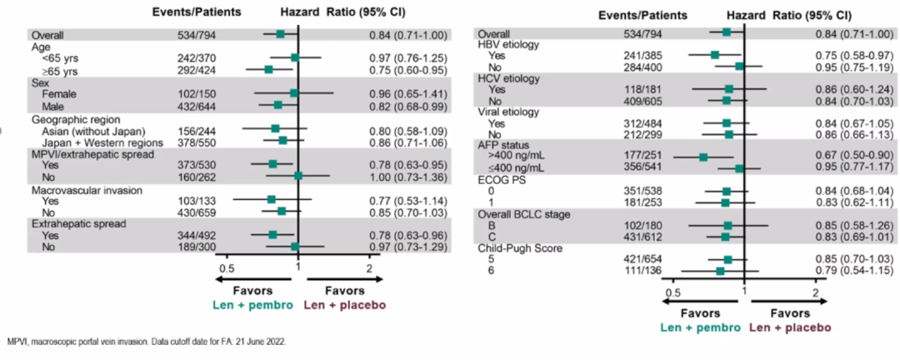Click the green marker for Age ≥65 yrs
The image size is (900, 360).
[x=268, y=70]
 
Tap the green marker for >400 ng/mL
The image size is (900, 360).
[x=702, y=157]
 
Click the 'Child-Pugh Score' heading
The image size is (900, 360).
[x=515, y=248]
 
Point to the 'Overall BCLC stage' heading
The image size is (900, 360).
[x=522, y=214]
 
